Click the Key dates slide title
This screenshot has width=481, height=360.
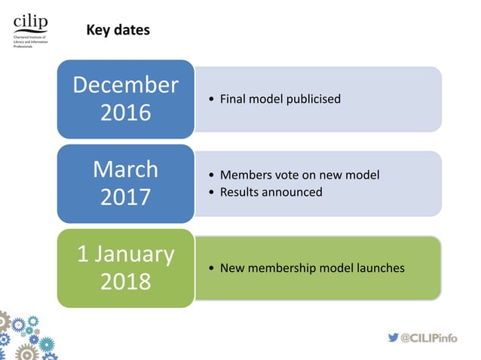[x=118, y=31]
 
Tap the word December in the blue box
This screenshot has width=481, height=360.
[x=125, y=85]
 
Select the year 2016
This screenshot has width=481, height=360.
[x=125, y=113]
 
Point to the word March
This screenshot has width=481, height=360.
[x=125, y=169]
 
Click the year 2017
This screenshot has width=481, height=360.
[x=125, y=197]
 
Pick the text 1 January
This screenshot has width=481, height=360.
[x=125, y=254]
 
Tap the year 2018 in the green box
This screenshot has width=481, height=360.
[x=125, y=282]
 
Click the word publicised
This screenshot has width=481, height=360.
[x=313, y=99]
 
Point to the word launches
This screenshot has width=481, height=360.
[x=378, y=268]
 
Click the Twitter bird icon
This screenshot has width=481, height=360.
[x=393, y=337]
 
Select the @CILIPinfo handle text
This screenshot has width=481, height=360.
[x=430, y=337]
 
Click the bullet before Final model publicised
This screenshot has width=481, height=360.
[x=210, y=99]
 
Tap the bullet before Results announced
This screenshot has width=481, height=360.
[x=210, y=192]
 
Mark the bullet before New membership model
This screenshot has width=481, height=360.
[x=210, y=268]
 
